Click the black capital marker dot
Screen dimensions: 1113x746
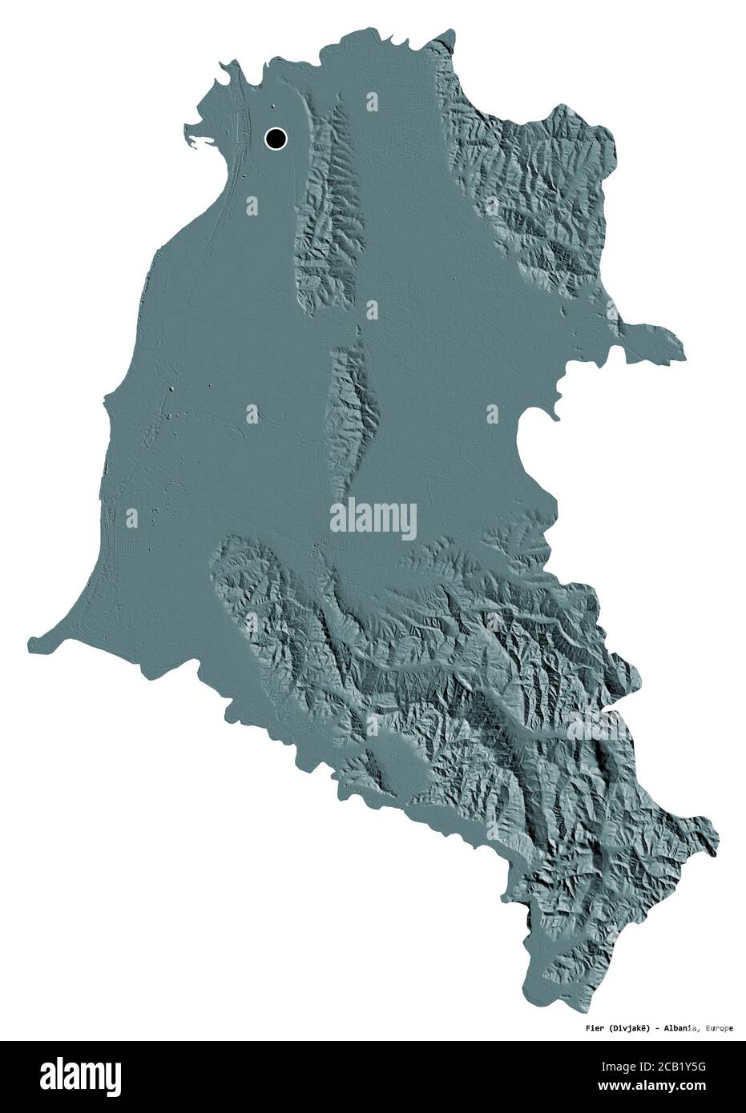pyautogui.click(x=276, y=139)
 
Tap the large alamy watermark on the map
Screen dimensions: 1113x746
pyautogui.click(x=373, y=516)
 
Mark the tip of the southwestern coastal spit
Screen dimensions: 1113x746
pyautogui.click(x=32, y=640)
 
